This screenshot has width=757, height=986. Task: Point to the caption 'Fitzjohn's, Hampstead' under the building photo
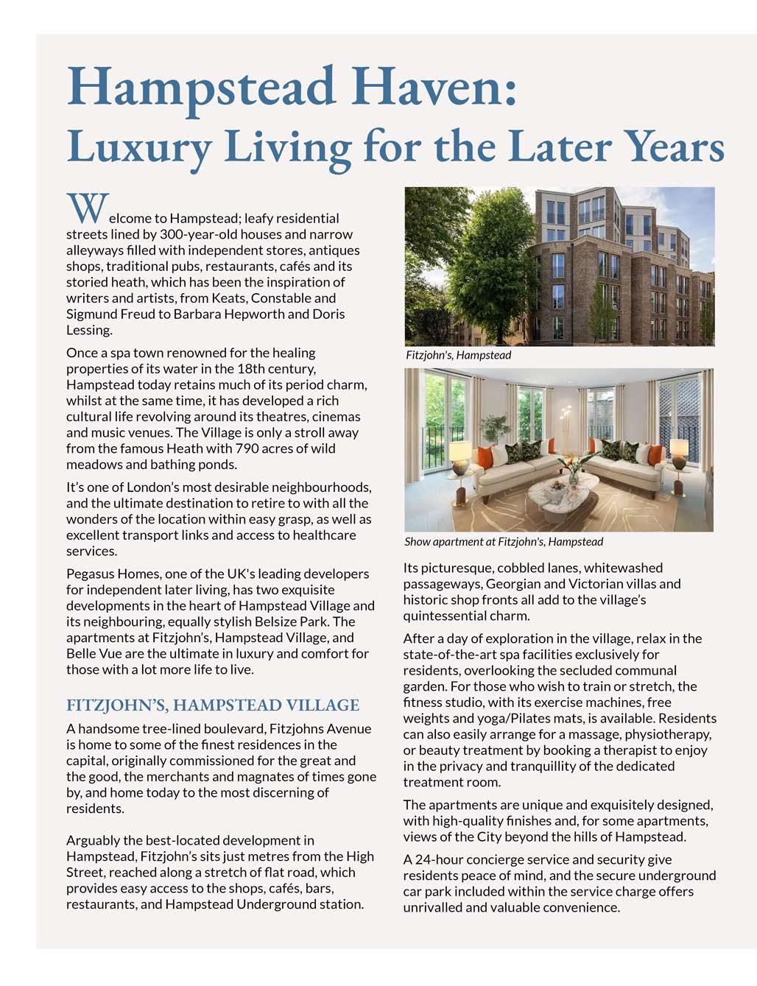pos(458,355)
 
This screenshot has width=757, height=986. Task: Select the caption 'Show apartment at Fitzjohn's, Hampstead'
pos(504,542)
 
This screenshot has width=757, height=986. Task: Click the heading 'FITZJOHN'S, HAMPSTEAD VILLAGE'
pos(213,705)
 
